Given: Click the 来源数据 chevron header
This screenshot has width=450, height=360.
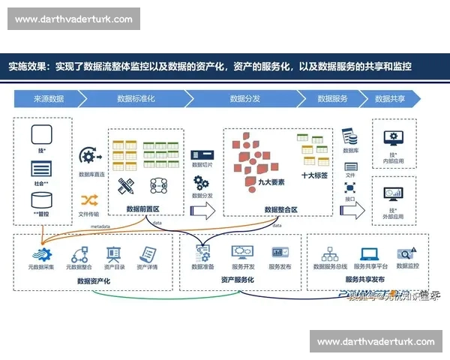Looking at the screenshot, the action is [49, 98].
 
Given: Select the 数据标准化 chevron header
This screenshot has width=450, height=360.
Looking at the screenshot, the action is [136, 98].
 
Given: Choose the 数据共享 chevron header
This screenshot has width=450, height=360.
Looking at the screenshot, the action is [389, 98].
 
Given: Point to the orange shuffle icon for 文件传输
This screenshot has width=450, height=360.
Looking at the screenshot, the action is [90, 199].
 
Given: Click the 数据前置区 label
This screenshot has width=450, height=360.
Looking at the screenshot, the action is [142, 209].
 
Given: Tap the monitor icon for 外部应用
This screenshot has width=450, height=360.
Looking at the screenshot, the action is [393, 194].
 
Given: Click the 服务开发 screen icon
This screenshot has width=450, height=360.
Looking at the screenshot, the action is [243, 253].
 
